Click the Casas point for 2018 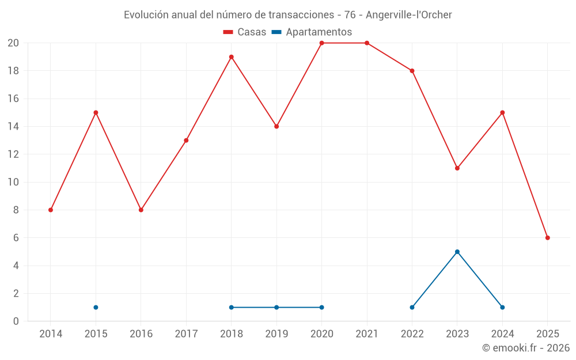click(231, 57)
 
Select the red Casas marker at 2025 click(548, 238)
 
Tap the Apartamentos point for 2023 click(457, 252)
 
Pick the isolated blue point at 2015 click(96, 308)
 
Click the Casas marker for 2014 click(51, 210)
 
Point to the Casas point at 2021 click(367, 43)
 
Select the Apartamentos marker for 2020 click(321, 308)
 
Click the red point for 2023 click(457, 168)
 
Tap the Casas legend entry click(245, 32)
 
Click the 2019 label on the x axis click(276, 334)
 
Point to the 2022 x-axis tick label click(412, 334)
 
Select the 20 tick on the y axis click(13, 43)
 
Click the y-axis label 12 click(13, 154)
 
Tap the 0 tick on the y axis click(16, 321)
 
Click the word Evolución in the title click(146, 14)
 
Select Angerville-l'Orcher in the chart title click(409, 14)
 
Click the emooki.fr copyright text click(526, 348)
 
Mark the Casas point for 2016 click(141, 210)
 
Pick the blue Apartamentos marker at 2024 click(502, 308)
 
